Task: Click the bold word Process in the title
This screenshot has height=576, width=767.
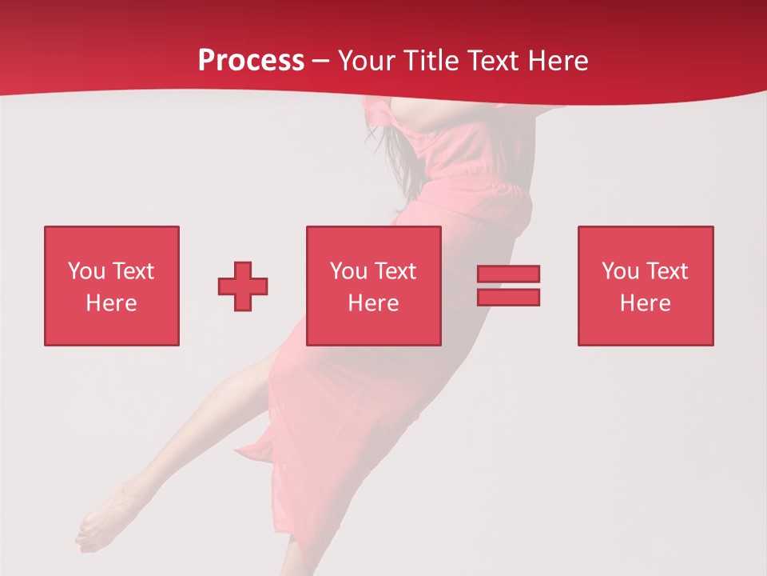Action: pyautogui.click(x=251, y=61)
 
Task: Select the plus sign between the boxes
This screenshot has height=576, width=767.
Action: pyautogui.click(x=243, y=286)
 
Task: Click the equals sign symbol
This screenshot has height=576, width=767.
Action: pyautogui.click(x=508, y=286)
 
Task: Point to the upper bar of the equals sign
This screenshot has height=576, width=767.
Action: pyautogui.click(x=508, y=274)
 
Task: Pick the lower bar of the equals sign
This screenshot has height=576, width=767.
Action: pyautogui.click(x=508, y=297)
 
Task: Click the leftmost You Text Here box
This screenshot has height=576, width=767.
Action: pyautogui.click(x=112, y=286)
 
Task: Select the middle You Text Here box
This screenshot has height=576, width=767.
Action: pyautogui.click(x=373, y=286)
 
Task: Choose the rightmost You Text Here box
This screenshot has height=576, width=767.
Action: pyautogui.click(x=645, y=286)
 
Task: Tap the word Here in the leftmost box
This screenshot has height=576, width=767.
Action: pyautogui.click(x=111, y=303)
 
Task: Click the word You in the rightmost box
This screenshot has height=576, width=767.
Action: pyautogui.click(x=620, y=271)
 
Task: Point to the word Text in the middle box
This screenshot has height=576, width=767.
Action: pyautogui.click(x=395, y=271)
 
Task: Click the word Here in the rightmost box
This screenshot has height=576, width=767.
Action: pyautogui.click(x=645, y=303)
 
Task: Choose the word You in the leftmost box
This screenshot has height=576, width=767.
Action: pyautogui.click(x=86, y=271)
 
